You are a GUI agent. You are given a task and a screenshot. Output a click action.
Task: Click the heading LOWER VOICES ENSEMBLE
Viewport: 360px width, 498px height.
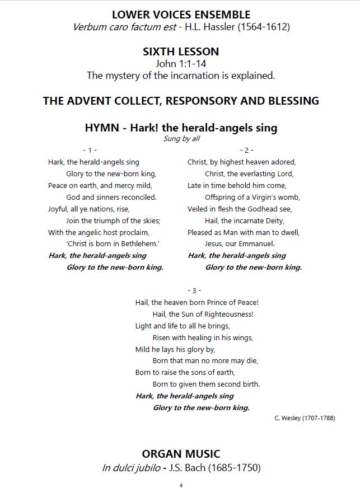click(x=181, y=14)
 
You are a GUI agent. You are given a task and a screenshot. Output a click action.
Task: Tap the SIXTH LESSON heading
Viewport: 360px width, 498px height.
click(x=181, y=51)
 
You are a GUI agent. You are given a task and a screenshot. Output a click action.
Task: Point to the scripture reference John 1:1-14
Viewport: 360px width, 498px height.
click(x=181, y=64)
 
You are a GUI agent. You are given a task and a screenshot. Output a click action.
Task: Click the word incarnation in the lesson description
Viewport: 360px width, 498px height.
click(x=214, y=75)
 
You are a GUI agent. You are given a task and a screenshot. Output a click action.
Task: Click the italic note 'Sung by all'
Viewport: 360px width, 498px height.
click(x=181, y=139)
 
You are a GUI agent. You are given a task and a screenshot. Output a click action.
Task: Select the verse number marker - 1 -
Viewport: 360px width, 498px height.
click(x=90, y=151)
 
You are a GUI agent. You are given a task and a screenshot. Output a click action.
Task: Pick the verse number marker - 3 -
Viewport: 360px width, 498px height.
click(x=194, y=290)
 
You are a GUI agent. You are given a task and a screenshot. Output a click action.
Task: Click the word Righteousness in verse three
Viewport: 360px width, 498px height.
click(x=226, y=314)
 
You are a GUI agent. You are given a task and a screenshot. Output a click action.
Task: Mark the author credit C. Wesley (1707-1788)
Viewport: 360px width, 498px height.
click(x=305, y=419)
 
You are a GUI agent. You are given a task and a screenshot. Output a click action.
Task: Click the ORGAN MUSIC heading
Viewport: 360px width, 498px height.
click(x=181, y=454)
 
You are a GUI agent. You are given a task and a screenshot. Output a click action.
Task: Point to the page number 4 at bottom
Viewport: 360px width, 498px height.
click(x=181, y=485)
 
